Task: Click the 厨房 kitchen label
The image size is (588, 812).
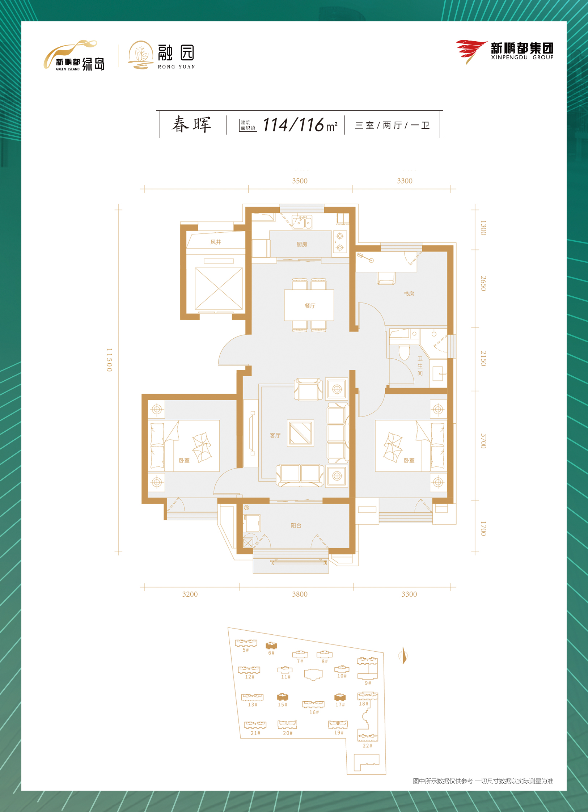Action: [x=302, y=245]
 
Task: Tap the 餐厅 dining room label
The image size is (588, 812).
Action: [x=310, y=306]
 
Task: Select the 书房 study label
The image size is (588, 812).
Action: [x=409, y=294]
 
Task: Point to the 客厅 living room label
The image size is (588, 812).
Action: [x=275, y=435]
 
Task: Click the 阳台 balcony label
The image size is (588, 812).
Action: [x=296, y=525]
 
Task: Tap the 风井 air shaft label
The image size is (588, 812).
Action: [x=216, y=242]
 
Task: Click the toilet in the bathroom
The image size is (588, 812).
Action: [x=404, y=352]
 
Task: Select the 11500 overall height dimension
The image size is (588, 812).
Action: [x=109, y=360]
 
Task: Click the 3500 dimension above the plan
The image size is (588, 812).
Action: [x=300, y=181]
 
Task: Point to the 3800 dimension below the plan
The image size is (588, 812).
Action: [x=300, y=594]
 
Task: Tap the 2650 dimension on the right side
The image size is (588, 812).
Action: [x=483, y=283]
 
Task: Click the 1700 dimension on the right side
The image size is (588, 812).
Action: [x=483, y=529]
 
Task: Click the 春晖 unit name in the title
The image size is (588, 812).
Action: [x=191, y=125]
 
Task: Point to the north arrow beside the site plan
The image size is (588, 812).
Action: [x=403, y=656]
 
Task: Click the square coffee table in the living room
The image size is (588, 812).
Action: [x=301, y=433]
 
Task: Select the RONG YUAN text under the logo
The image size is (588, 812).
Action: [x=177, y=67]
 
